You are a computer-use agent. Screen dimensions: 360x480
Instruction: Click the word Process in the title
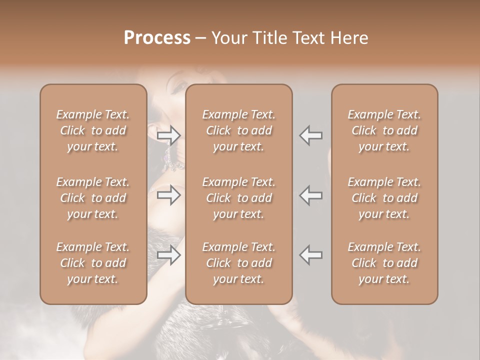(x=157, y=38)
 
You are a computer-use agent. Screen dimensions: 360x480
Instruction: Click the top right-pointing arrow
(x=168, y=135)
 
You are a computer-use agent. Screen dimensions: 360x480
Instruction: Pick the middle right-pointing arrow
(x=168, y=195)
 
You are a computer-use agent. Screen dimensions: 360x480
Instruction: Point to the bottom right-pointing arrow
(x=168, y=255)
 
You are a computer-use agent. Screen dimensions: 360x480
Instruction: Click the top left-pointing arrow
(x=310, y=135)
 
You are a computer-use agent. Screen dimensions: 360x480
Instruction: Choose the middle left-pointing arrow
(x=310, y=195)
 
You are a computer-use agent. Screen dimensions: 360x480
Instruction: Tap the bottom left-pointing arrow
(x=310, y=255)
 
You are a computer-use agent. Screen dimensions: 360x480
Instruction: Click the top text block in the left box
(x=93, y=130)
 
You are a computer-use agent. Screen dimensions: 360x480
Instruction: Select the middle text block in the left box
(x=93, y=198)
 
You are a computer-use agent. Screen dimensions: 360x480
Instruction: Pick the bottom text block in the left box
(x=93, y=263)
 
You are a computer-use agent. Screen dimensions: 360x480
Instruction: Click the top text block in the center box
(x=239, y=130)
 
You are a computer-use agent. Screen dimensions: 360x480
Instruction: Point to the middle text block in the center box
(x=239, y=198)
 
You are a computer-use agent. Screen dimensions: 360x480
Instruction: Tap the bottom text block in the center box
(x=239, y=263)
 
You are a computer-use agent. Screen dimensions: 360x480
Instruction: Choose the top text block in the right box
(x=384, y=130)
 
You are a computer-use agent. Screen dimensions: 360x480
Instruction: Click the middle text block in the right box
(x=384, y=198)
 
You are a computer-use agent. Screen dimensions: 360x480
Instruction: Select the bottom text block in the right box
(x=384, y=263)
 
